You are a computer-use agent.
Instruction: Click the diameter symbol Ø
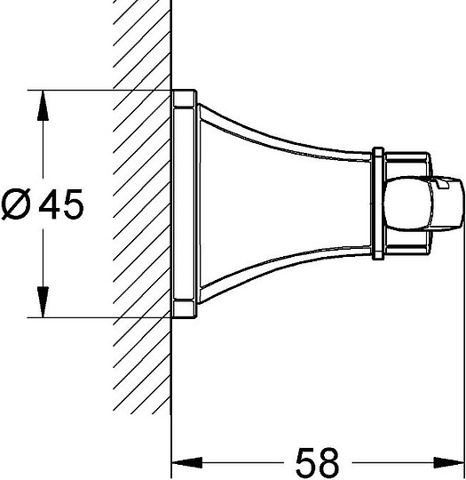pos(17,204)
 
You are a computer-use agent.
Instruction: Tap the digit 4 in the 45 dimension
pos(49,204)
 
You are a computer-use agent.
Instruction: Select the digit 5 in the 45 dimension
pos(73,204)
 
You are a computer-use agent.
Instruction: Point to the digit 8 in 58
pos(328,462)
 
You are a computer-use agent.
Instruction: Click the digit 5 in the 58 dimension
pos(306,462)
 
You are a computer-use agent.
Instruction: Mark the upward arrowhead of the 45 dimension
pos(43,106)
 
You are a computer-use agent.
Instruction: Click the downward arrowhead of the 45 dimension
pos(43,302)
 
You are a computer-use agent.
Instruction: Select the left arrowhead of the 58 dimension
pos(187,462)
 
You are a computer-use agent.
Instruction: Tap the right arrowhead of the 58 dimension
pos(449,462)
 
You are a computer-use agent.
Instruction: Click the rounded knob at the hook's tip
pos(424,204)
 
